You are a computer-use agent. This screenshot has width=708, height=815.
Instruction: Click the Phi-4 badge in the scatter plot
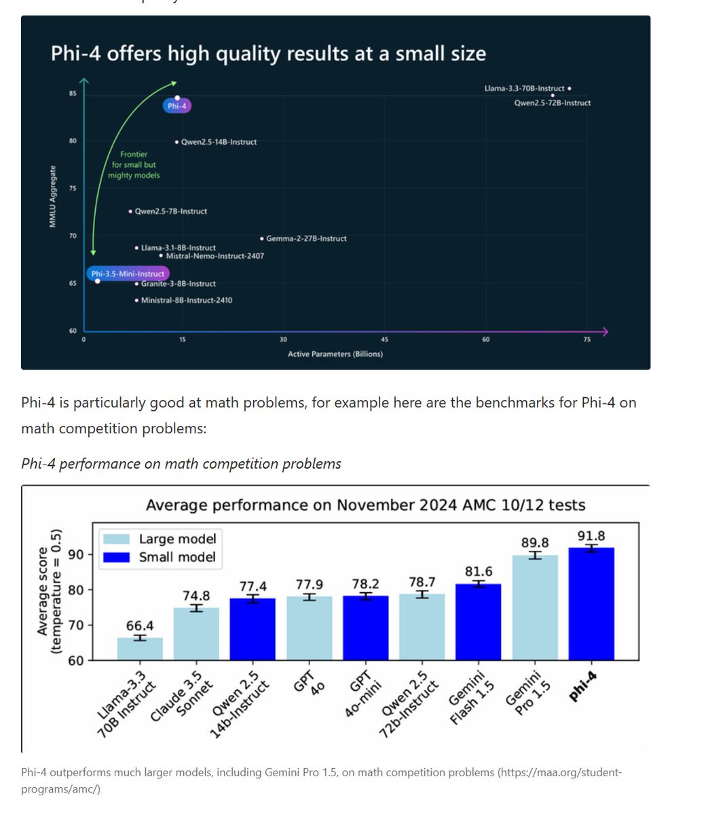[176, 106]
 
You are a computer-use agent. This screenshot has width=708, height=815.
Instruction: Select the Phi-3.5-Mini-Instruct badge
[128, 274]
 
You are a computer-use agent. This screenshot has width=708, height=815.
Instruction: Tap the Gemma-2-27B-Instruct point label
[306, 238]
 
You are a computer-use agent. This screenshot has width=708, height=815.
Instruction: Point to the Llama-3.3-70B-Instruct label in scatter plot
[524, 88]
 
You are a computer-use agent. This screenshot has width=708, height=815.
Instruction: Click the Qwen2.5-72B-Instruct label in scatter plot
[552, 103]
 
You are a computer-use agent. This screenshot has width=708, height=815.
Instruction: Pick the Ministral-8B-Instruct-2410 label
[186, 300]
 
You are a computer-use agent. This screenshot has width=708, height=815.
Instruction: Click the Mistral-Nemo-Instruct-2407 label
[215, 256]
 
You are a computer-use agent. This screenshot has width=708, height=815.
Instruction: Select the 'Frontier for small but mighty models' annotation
[134, 165]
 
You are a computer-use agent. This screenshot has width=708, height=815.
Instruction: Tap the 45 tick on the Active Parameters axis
[384, 340]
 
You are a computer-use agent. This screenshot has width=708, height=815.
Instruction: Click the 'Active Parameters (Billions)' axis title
[335, 354]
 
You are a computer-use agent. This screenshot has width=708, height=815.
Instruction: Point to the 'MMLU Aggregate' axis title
[53, 196]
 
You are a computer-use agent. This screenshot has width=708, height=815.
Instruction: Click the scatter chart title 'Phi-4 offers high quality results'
[268, 54]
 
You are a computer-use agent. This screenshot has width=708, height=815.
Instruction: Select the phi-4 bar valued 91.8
[591, 604]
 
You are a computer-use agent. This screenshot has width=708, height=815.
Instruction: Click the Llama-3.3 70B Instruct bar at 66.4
[140, 649]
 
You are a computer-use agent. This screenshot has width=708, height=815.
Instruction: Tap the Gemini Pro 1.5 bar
[535, 607]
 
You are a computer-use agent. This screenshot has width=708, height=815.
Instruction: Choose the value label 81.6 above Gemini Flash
[479, 572]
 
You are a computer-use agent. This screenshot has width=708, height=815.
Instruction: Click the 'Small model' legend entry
[176, 557]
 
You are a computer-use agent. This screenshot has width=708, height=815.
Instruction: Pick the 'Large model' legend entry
[177, 539]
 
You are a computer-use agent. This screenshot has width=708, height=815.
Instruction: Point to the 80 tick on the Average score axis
[75, 590]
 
